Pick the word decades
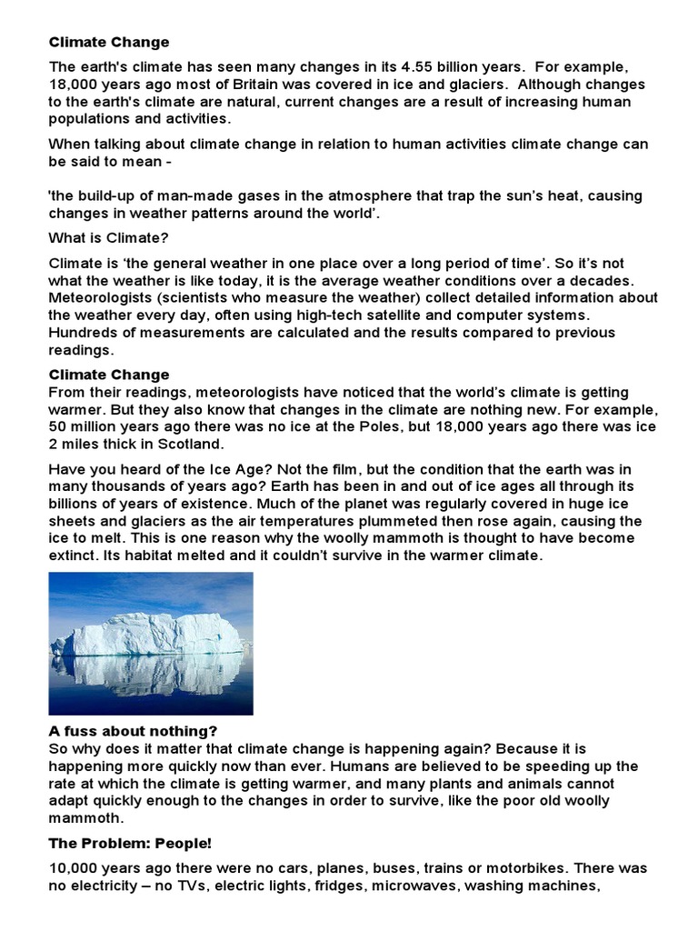click(600, 279)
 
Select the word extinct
click(75, 556)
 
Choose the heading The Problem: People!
click(129, 843)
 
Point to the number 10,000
click(75, 870)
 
